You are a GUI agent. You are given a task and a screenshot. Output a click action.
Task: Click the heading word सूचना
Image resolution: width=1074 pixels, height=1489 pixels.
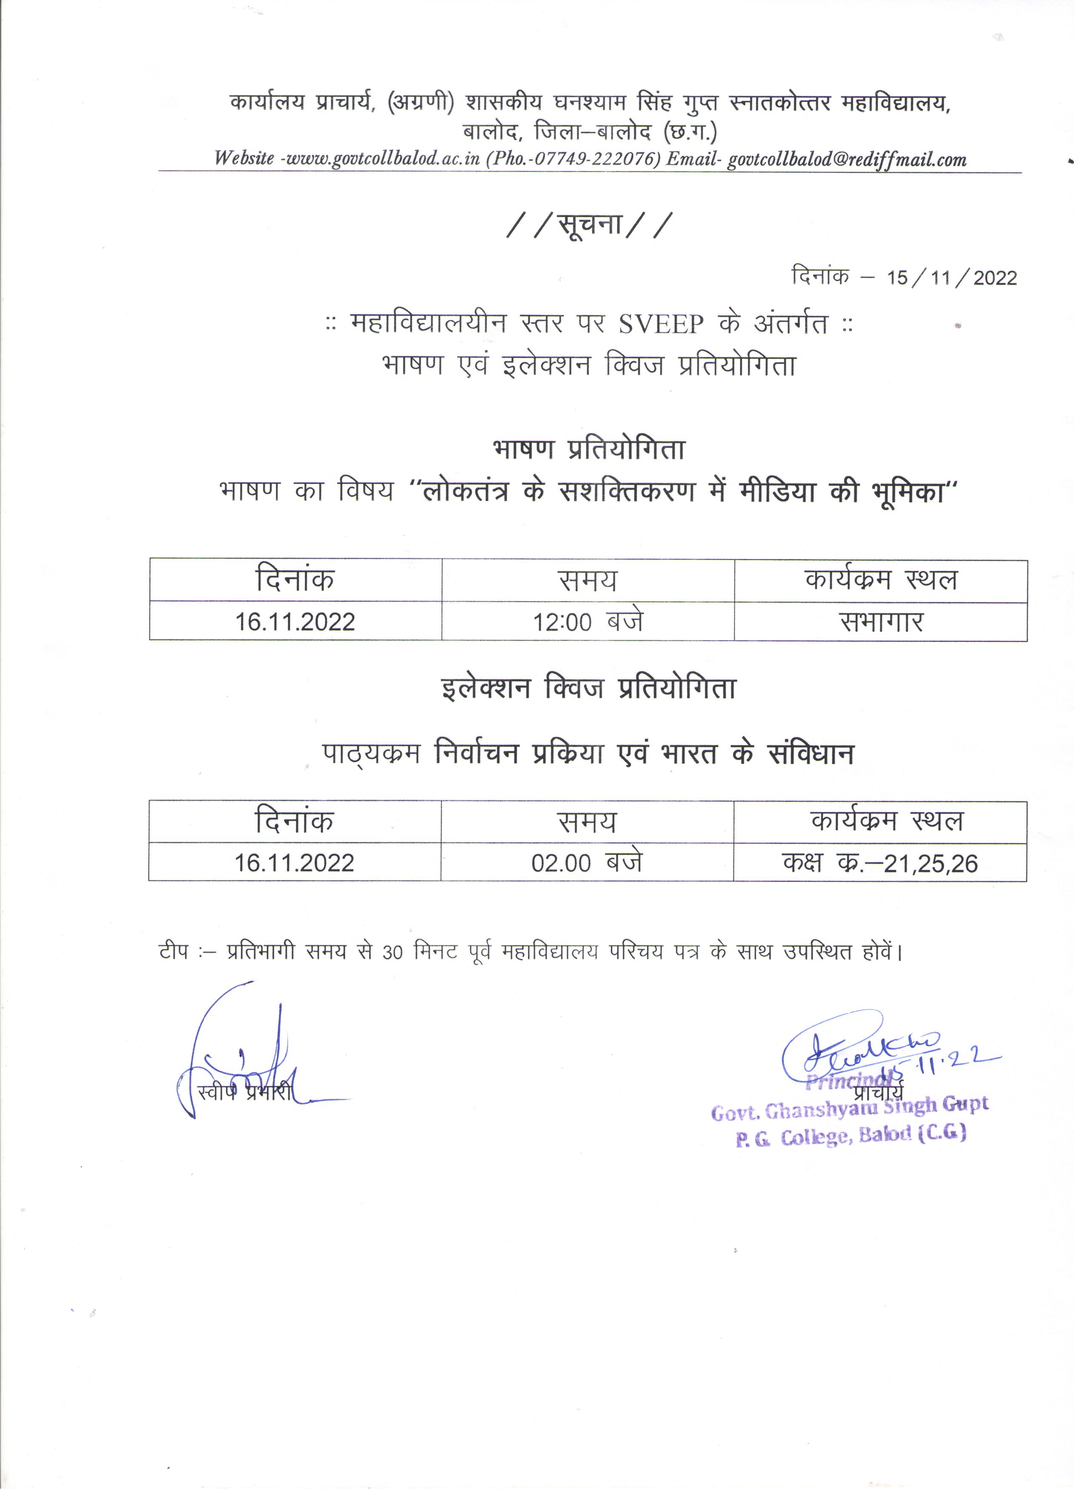pyautogui.click(x=590, y=225)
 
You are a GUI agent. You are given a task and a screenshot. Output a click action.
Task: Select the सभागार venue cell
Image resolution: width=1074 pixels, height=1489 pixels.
pyautogui.click(x=881, y=621)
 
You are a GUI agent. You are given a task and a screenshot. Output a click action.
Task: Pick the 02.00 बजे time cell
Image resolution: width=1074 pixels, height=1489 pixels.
pyautogui.click(x=587, y=862)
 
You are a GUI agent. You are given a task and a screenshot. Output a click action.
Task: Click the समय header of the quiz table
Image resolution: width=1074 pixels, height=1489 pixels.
pyautogui.click(x=587, y=822)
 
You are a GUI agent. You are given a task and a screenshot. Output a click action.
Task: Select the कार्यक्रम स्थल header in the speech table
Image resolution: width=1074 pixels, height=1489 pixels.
pyautogui.click(x=881, y=580)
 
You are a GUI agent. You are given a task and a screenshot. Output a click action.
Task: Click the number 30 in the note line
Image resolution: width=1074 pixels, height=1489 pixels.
pyautogui.click(x=392, y=951)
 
